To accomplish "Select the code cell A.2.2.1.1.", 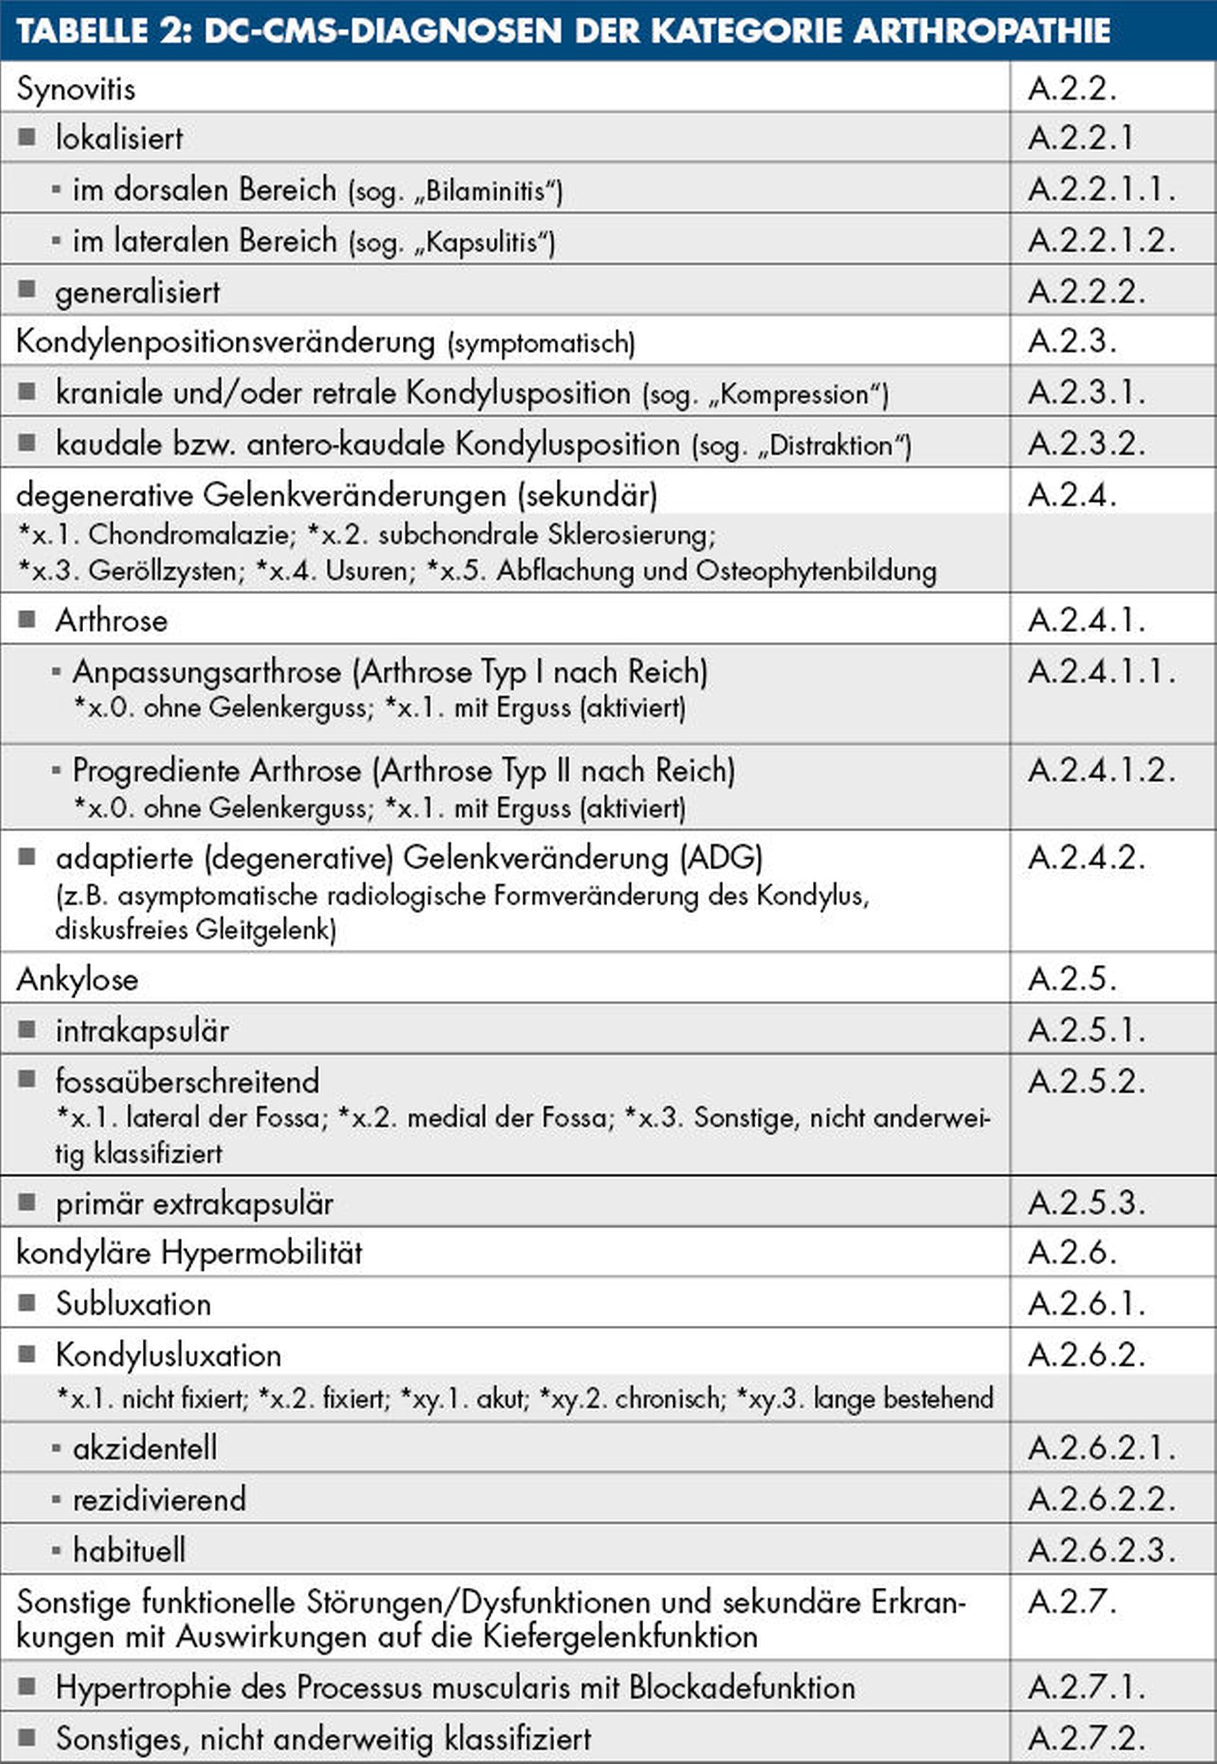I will [1101, 189].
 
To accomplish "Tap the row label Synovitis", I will [76, 89].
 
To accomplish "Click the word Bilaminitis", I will [485, 191].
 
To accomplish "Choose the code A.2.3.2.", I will [1086, 444].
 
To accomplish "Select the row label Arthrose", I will [111, 621].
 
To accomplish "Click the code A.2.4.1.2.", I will [1101, 771].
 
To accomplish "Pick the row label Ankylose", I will [77, 979].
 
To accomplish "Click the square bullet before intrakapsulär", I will [27, 1030].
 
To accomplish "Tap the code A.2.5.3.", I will [1086, 1203].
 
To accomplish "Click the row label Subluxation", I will [133, 1304].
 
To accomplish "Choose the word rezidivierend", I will [159, 1499].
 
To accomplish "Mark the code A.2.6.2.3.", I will [1101, 1550].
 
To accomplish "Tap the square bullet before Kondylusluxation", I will [27, 1354].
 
